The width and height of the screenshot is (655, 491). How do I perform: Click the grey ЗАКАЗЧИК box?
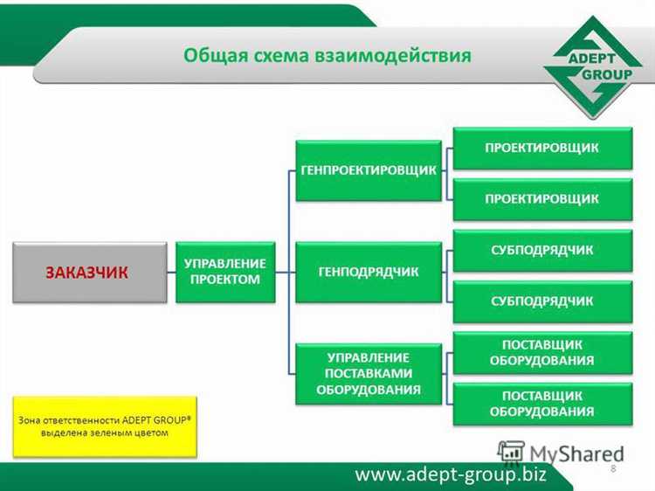tap(88, 273)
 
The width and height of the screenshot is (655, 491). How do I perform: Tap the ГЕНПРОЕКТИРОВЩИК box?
tap(368, 170)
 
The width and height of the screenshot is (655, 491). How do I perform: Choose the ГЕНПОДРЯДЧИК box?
tap(368, 272)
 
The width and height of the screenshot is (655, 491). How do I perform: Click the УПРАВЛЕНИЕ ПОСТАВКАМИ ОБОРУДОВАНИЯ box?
tap(368, 373)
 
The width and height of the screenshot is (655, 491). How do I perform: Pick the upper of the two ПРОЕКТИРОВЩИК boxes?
tap(541, 148)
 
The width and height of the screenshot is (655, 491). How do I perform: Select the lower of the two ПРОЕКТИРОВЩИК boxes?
tap(541, 198)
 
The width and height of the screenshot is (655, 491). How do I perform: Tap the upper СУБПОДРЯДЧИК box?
tap(541, 250)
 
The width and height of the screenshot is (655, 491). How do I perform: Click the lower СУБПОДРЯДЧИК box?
tap(541, 301)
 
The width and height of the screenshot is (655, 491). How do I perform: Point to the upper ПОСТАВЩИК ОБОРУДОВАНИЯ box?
tap(541, 352)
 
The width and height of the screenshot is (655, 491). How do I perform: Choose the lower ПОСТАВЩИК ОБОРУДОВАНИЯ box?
tap(541, 403)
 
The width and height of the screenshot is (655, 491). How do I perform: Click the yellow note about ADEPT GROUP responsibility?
tap(105, 426)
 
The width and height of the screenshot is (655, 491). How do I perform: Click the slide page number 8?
tap(613, 469)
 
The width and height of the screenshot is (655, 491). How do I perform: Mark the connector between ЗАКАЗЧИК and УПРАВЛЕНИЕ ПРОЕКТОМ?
tap(170, 273)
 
